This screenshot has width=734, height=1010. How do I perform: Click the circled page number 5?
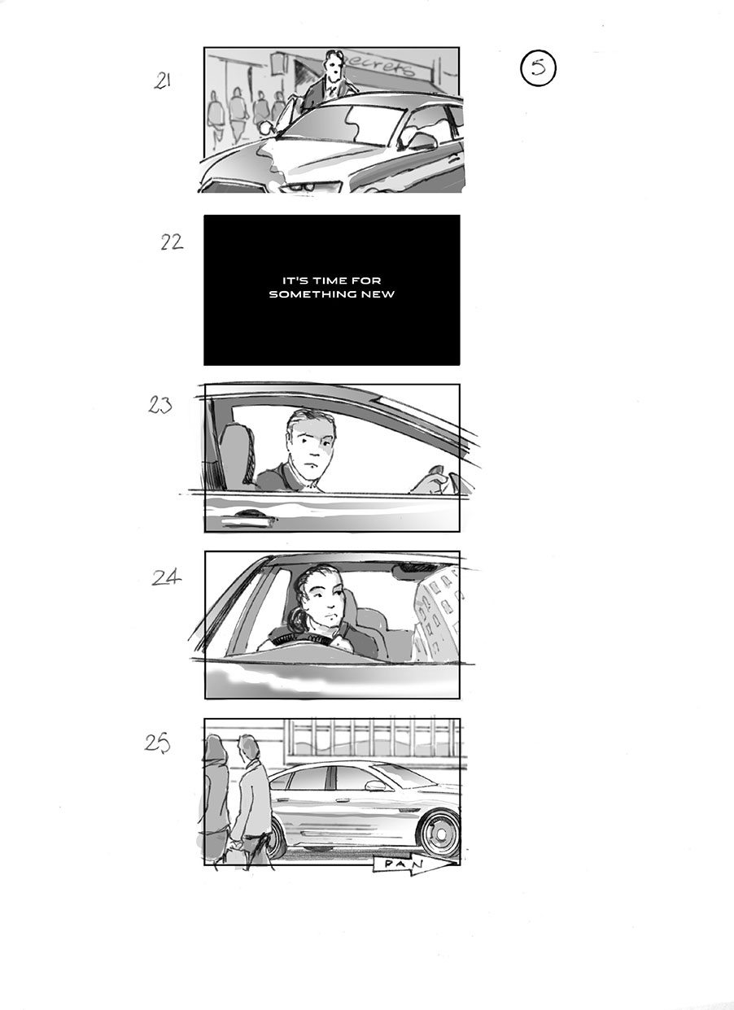coord(538,68)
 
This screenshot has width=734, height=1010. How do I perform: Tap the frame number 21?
coord(163,81)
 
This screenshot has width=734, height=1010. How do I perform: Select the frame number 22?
coord(171,242)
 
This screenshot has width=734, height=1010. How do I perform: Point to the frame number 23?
coord(160,404)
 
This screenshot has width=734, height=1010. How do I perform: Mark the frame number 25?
coord(157,743)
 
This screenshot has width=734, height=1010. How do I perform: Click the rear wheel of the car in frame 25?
coord(274,837)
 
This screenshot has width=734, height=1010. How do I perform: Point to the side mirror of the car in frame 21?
coord(422,141)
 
